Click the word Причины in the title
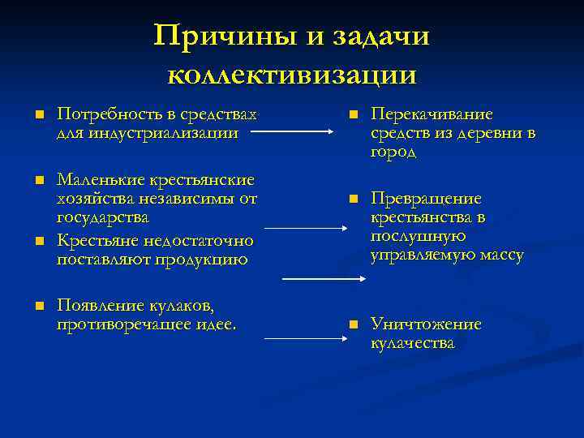coord(213,36)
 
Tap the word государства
coord(103,218)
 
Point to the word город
coord(393,152)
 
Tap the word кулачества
coord(413,343)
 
